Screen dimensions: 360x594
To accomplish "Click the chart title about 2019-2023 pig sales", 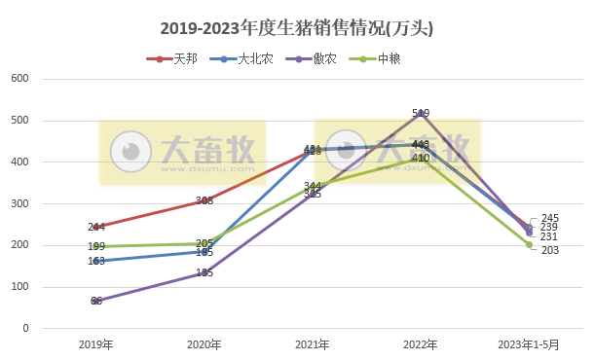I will click(297, 28).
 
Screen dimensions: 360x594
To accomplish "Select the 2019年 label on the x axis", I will click(96, 344).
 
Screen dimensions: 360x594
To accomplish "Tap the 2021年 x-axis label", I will click(313, 344).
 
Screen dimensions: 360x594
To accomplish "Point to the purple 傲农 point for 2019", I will click(96, 301).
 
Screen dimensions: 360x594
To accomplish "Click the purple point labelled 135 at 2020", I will click(204, 272).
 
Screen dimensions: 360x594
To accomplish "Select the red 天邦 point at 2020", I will click(204, 200).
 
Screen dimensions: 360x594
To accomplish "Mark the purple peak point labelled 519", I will click(421, 113).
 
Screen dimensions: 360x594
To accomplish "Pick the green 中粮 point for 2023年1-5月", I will click(529, 244).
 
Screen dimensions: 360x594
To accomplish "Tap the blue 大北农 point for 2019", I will click(96, 261).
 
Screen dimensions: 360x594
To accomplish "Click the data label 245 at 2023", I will click(549, 218).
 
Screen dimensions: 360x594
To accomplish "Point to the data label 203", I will click(549, 250).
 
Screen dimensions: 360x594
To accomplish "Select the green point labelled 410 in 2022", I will click(421, 158).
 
